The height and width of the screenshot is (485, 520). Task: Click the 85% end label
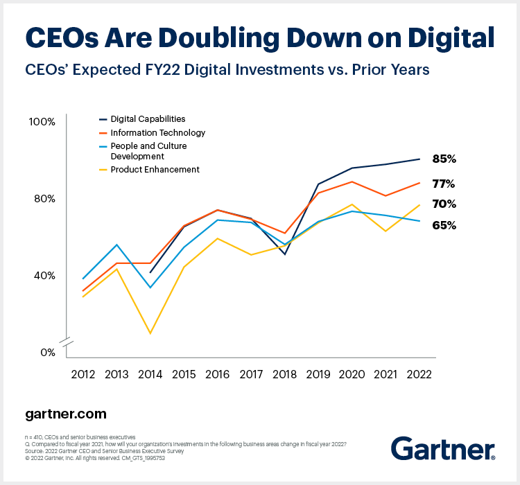(x=444, y=159)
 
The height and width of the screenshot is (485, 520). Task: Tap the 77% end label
(x=444, y=184)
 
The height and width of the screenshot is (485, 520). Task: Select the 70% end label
(x=444, y=204)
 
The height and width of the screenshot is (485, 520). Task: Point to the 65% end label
(x=444, y=225)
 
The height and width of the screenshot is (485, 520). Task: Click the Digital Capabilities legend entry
(x=148, y=119)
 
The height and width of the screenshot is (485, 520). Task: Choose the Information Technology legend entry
(x=158, y=132)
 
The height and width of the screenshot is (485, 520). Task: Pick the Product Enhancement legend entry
(x=155, y=169)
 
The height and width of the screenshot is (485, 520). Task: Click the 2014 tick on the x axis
(x=151, y=373)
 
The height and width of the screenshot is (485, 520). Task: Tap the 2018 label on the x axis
(x=284, y=373)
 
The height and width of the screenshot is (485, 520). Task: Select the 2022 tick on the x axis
(x=418, y=373)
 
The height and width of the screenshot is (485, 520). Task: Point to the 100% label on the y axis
(x=42, y=122)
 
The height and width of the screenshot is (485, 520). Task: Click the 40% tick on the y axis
(x=44, y=275)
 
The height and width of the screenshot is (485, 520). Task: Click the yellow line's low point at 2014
(x=151, y=333)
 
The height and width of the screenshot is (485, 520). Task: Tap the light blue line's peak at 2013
(x=117, y=245)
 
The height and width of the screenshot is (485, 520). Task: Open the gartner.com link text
(x=66, y=414)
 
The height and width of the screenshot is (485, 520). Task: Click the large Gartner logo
(x=442, y=448)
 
